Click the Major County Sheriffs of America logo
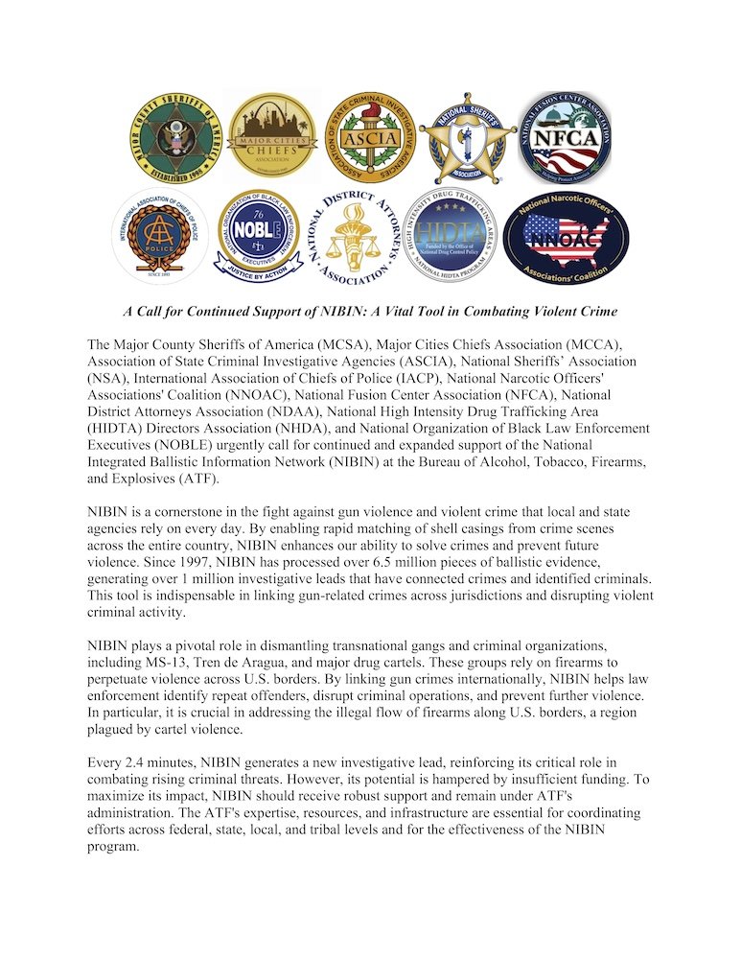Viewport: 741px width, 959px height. pyautogui.click(x=175, y=138)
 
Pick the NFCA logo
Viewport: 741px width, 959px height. pyautogui.click(x=565, y=138)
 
